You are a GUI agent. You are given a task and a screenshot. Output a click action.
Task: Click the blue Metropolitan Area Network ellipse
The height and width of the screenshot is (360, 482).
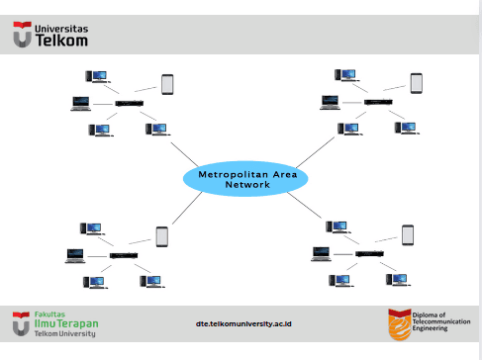[x=245, y=179]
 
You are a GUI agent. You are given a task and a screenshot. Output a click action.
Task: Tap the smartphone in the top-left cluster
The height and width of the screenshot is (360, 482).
[x=167, y=85]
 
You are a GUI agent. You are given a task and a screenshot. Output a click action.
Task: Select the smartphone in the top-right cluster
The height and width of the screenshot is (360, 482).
[x=417, y=83]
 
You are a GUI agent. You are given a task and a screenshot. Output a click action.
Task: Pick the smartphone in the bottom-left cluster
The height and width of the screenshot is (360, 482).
[x=162, y=236]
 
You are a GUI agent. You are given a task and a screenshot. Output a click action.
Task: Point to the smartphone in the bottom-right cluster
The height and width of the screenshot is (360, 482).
[x=408, y=235]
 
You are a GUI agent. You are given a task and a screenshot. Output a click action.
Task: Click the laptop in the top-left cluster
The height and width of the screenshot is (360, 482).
[x=81, y=104]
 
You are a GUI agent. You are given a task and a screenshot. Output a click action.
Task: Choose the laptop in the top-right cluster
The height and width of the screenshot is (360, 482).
[x=330, y=102]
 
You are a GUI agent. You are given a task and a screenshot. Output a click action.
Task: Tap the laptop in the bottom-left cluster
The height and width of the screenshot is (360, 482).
[x=75, y=256]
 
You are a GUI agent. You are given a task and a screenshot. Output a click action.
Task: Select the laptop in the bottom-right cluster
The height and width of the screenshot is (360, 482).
[x=321, y=254]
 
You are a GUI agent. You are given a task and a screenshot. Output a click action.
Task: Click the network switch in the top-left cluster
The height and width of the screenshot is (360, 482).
[x=130, y=103]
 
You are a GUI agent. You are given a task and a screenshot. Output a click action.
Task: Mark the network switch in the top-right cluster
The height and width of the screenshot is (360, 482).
[x=378, y=102]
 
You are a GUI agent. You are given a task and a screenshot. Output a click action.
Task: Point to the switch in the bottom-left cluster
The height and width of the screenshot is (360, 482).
[x=124, y=255]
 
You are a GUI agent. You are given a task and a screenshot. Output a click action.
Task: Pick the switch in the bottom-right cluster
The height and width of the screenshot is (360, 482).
[x=369, y=253]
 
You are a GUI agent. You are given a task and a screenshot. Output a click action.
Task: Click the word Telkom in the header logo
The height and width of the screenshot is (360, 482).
[x=61, y=41]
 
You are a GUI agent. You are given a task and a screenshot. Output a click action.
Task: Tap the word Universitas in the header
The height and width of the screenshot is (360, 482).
[x=61, y=29]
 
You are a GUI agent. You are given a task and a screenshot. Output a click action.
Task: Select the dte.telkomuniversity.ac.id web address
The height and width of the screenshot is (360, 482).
[x=243, y=324]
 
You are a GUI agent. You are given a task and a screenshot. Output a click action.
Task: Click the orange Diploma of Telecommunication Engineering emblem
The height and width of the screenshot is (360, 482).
[x=400, y=324]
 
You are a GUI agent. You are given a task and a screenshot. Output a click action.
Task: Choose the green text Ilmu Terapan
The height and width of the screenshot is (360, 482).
[x=66, y=323]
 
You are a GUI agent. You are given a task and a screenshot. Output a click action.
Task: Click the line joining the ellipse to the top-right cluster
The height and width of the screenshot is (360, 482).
[x=316, y=152]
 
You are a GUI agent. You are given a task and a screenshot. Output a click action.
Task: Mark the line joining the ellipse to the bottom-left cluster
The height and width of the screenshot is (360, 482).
[x=187, y=208]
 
